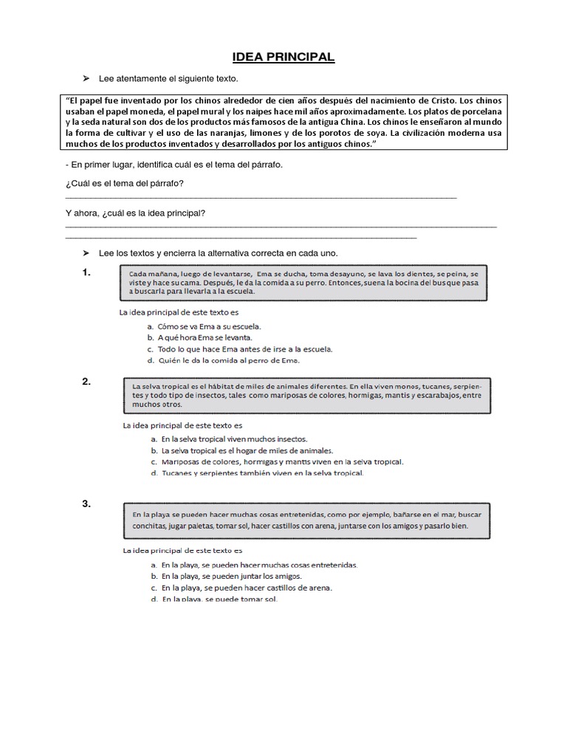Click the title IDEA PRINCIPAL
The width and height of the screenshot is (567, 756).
[283, 57]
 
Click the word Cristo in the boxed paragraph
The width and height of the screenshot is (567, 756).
[436, 100]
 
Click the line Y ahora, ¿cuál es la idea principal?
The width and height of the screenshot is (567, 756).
[136, 214]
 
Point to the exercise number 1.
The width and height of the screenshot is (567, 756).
[86, 273]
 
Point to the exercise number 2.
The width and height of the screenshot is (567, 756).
[86, 381]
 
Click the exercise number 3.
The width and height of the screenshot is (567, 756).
[86, 504]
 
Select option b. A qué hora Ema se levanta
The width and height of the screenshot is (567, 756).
[199, 337]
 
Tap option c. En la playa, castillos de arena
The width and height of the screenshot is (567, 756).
[241, 588]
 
